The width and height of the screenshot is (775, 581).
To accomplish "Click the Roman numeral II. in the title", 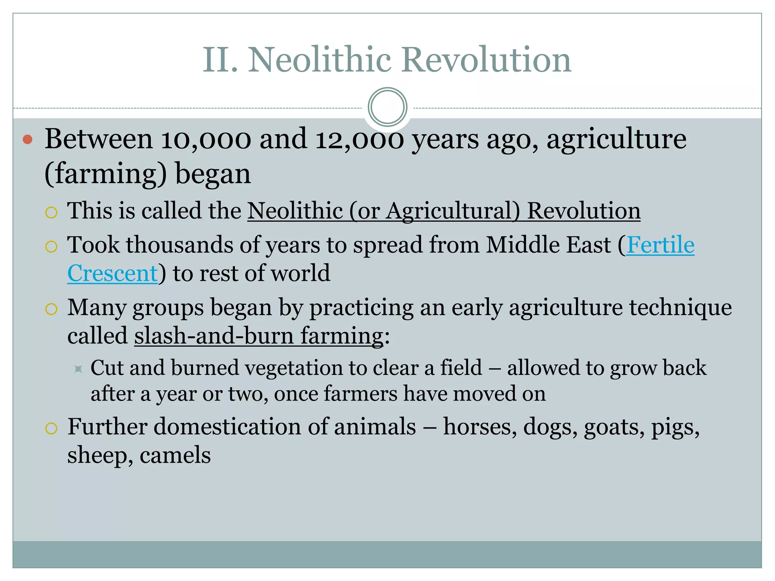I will pyautogui.click(x=220, y=60).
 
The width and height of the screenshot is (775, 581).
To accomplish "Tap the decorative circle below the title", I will pyautogui.click(x=387, y=107).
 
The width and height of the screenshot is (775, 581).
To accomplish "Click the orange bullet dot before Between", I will pyautogui.click(x=28, y=140).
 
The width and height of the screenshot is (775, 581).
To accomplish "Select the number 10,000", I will pyautogui.click(x=206, y=139).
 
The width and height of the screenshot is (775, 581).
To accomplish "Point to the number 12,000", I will pyautogui.click(x=359, y=139).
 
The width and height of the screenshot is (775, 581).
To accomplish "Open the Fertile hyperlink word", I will pyautogui.click(x=660, y=245).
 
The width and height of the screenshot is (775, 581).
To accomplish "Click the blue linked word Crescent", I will pyautogui.click(x=112, y=273).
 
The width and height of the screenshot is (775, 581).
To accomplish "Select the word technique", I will pyautogui.click(x=680, y=307).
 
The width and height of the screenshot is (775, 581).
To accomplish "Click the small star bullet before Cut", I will pyautogui.click(x=78, y=369).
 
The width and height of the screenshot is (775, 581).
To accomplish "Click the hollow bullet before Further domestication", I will pyautogui.click(x=51, y=429).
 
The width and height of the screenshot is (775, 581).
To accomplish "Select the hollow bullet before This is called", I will pyautogui.click(x=51, y=213).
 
